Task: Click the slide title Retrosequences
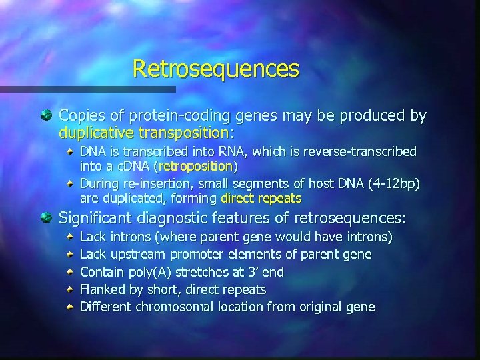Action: pos(216,69)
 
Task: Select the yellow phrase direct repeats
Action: pos(261,198)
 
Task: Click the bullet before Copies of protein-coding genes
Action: pos(45,116)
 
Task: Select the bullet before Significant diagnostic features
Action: pos(45,217)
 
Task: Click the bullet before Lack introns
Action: pos(70,237)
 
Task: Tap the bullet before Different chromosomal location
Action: pos(70,307)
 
